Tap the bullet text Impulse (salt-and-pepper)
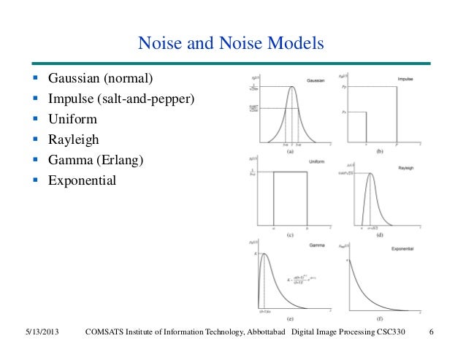(x=121, y=98)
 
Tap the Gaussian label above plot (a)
(x=316, y=78)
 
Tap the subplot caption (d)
(x=379, y=235)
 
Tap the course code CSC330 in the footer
(x=407, y=334)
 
